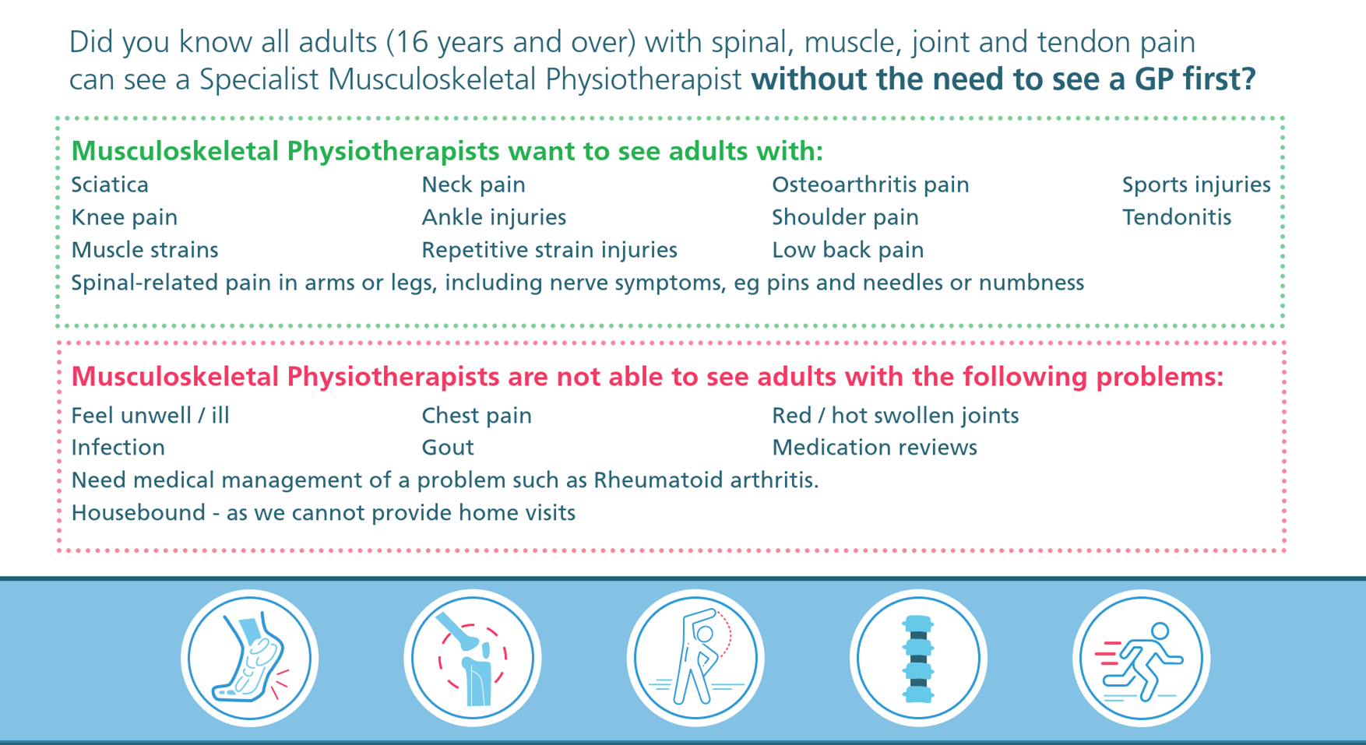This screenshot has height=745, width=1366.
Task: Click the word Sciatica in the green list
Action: (110, 184)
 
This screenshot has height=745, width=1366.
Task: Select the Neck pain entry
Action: (474, 184)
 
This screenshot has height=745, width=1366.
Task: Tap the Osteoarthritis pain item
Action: (871, 184)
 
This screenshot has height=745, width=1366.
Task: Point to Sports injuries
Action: (1196, 184)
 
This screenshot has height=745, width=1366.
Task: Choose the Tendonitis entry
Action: (1177, 217)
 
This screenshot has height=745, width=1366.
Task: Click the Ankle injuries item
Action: (494, 217)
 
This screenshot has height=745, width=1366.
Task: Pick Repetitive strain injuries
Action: (549, 250)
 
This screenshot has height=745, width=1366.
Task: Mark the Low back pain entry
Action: (848, 250)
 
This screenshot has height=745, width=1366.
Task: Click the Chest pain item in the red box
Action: (477, 416)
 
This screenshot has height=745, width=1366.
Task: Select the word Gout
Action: (448, 448)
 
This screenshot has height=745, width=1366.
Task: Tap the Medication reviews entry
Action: (875, 448)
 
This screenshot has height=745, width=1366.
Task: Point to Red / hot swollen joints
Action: (896, 416)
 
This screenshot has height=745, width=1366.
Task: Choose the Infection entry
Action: (118, 448)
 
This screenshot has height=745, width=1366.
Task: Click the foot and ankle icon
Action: (249, 659)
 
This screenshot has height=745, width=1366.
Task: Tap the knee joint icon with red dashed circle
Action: (472, 659)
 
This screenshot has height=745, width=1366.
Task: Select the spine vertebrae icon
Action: (918, 659)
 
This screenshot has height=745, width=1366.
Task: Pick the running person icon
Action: (1141, 659)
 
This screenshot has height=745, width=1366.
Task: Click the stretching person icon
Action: (695, 659)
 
